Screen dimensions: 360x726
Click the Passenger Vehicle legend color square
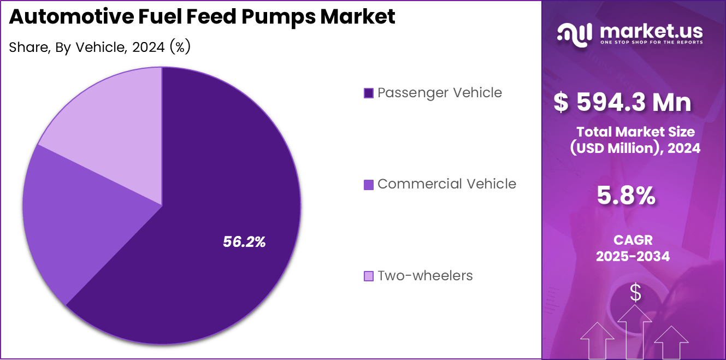[369, 93]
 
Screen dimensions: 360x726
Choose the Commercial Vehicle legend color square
[369, 185]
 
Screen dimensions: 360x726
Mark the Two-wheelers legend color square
[369, 276]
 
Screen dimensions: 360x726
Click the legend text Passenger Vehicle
[440, 93]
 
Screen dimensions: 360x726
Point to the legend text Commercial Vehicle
[447, 184]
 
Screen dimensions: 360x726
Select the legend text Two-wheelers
[425, 276]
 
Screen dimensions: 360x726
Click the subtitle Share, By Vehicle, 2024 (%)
[99, 48]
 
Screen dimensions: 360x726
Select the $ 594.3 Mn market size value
[623, 103]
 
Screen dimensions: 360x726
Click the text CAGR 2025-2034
[633, 248]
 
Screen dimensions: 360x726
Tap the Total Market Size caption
[635, 140]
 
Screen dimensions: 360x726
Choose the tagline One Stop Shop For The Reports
[651, 42]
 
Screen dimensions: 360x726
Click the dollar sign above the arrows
[635, 293]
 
